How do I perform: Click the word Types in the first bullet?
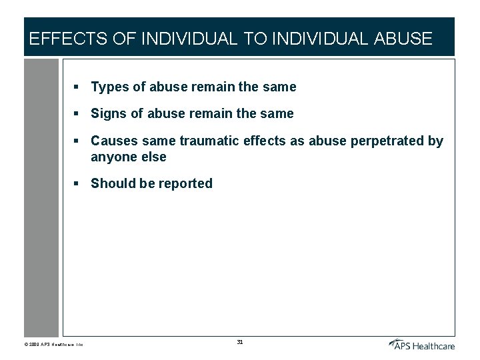[x=109, y=87]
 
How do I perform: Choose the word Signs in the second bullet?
[x=109, y=114]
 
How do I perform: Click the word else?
[x=153, y=157]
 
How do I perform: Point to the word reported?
[x=185, y=183]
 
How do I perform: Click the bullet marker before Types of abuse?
[x=77, y=87]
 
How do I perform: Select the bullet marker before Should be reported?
[x=77, y=183]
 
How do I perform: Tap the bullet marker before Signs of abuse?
[x=77, y=114]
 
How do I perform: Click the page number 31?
[x=240, y=342]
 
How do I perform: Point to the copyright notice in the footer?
[x=53, y=345]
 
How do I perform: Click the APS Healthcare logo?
[x=421, y=344]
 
